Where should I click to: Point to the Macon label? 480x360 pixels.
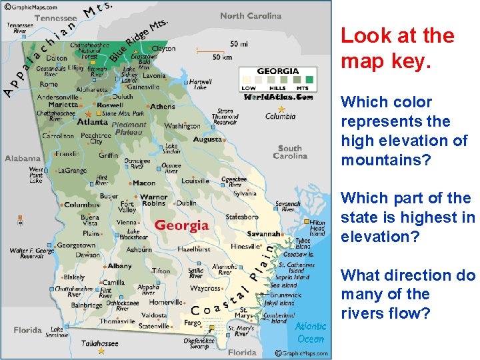coord(144,183)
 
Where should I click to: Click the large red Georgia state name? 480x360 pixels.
coord(182,225)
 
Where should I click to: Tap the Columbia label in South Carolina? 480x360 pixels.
coord(280,116)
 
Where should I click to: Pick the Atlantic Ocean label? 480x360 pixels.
coord(311,332)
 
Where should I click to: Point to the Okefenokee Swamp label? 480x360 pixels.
coord(200,343)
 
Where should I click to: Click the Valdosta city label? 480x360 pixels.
coord(153,315)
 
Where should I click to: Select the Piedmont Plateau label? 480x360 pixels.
coord(129,128)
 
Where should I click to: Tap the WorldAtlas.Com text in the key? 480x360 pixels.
coord(278,97)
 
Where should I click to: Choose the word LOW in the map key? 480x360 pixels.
coord(248,88)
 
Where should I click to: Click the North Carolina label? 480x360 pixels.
coord(251,16)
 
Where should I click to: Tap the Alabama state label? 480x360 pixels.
coord(23,159)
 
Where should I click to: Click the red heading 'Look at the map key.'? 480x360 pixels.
coord(397,48)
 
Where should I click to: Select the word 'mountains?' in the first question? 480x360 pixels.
coord(385,160)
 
